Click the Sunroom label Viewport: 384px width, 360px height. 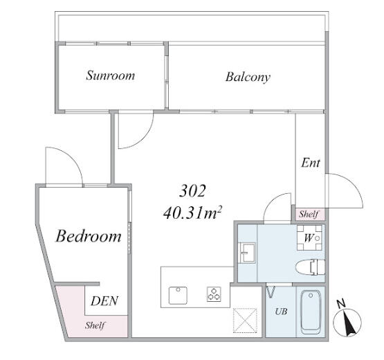(110, 75)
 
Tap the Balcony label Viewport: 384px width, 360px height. (248, 77)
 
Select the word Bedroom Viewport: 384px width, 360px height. (89, 236)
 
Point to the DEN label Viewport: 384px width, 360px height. (104, 301)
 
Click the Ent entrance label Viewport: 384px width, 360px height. (311, 163)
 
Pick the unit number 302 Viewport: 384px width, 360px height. (192, 190)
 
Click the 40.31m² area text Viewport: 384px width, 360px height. (192, 213)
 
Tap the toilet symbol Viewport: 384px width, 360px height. (310, 267)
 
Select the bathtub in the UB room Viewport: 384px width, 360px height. (311, 312)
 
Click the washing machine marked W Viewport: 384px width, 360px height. (309, 237)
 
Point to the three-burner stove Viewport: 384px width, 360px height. (214, 294)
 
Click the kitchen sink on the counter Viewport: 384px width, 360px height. (178, 296)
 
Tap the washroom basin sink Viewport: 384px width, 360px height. (247, 253)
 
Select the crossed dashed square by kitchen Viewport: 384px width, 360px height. (245, 320)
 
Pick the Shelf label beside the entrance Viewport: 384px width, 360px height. (309, 214)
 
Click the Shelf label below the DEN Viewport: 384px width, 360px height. (95, 325)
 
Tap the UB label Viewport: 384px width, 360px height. (281, 312)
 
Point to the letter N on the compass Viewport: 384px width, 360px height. (341, 304)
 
